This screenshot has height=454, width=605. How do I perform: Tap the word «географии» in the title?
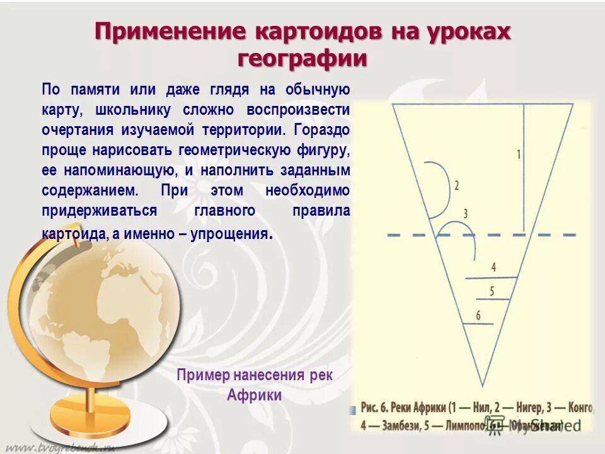(x=302, y=59)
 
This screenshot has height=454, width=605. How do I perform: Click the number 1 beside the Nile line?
(x=519, y=154)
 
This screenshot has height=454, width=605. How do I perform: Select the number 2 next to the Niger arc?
(x=456, y=185)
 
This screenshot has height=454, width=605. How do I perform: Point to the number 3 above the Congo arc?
(x=465, y=214)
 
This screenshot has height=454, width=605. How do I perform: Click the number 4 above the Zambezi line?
(x=493, y=267)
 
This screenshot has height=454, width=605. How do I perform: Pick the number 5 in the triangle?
(x=491, y=291)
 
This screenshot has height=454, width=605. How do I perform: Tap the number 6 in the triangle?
(x=478, y=316)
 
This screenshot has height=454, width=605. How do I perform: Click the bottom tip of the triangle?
(x=483, y=386)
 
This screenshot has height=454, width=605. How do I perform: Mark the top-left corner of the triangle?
(x=392, y=103)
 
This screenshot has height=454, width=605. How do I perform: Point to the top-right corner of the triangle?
(x=574, y=103)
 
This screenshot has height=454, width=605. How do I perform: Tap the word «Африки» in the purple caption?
(x=254, y=395)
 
